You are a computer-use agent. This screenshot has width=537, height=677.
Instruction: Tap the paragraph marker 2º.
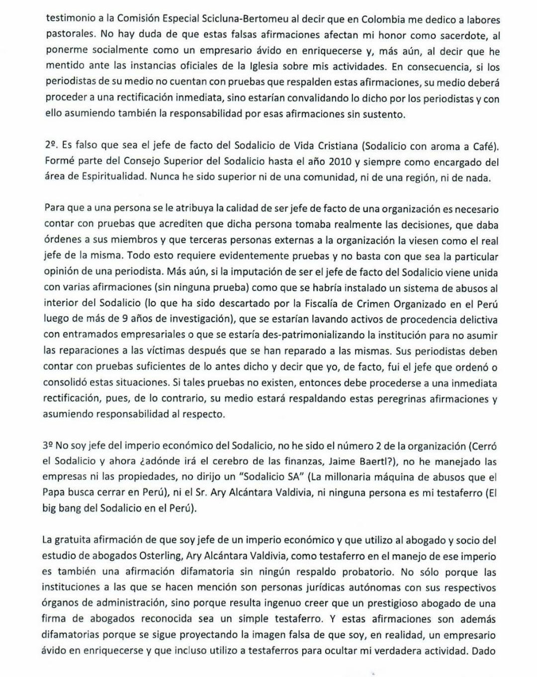pyautogui.click(x=51, y=146)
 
